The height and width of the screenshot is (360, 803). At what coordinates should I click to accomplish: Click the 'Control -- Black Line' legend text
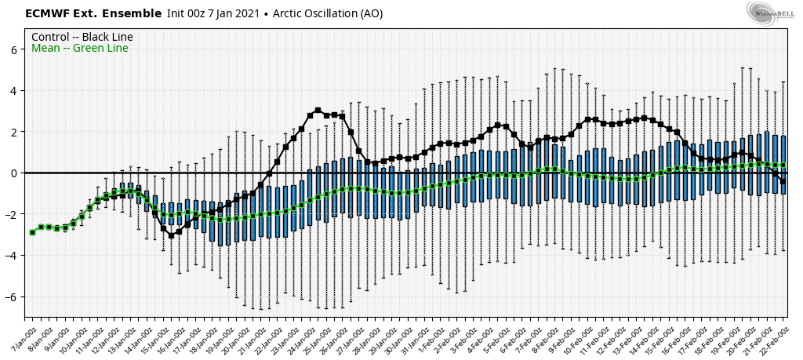pos(82,37)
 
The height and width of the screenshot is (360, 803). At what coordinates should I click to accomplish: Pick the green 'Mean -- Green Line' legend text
pos(80,49)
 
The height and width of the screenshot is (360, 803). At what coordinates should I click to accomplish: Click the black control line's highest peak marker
pos(318,111)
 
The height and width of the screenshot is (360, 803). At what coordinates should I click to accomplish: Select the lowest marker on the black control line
pos(171,235)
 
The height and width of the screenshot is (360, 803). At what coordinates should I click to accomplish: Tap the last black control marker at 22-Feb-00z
pos(783,181)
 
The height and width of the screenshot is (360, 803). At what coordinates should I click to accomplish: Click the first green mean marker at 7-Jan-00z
pos(32,232)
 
